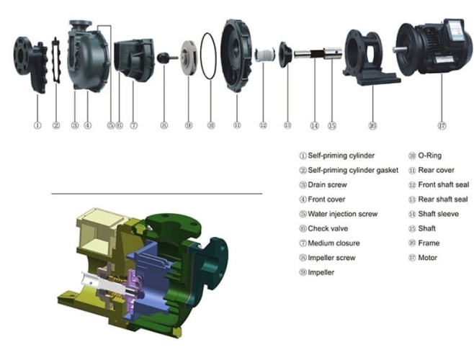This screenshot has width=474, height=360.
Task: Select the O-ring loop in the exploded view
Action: pyautogui.click(x=209, y=56)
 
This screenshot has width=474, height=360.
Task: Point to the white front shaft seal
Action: pyautogui.click(x=265, y=55)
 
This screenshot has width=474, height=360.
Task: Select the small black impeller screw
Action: pyautogui.click(x=165, y=56)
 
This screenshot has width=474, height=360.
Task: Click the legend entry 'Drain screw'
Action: pyautogui.click(x=328, y=184)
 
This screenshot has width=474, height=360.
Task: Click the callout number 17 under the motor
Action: pyautogui.click(x=441, y=125)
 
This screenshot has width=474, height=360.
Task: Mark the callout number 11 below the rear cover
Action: pyautogui.click(x=236, y=125)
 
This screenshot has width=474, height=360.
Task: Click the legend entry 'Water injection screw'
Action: pyautogui.click(x=341, y=214)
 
